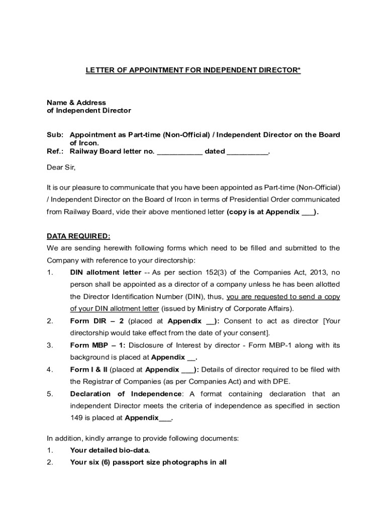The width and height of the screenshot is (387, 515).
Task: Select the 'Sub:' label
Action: point(55,135)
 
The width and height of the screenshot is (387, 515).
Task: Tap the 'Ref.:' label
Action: point(55,151)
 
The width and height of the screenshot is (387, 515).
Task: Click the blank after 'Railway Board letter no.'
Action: point(179,151)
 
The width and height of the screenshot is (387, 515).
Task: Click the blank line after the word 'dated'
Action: point(247,151)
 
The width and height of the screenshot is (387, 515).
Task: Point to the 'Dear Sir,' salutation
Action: point(61,167)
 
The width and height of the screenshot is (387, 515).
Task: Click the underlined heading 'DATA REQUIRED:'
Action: point(78,236)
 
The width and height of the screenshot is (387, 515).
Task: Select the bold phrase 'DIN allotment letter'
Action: point(106,273)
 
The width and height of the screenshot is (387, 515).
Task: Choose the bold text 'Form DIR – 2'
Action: point(98,321)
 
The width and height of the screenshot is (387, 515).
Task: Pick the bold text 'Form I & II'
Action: point(88,369)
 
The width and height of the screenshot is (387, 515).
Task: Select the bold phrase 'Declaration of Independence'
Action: point(126,393)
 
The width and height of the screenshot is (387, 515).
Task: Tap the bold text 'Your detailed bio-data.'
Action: point(110,450)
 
